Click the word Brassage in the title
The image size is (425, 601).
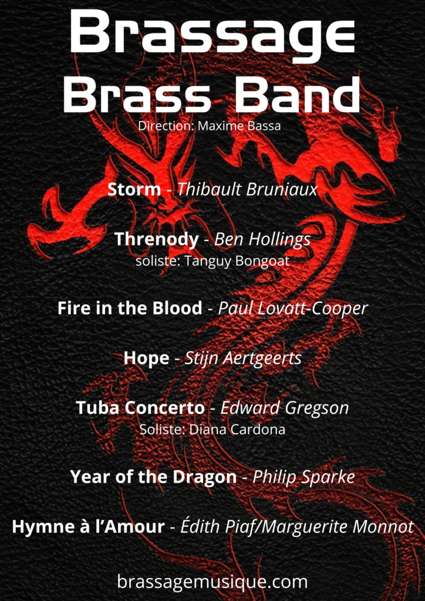[x=212, y=33]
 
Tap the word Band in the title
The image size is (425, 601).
[x=297, y=94]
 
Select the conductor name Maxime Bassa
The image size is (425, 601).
[x=239, y=126]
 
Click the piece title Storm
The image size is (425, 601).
[x=134, y=190]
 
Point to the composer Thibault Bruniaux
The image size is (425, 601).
[x=248, y=190]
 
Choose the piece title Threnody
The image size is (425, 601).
[x=157, y=240]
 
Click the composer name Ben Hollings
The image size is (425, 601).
[x=262, y=240]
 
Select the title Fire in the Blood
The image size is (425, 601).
[x=130, y=308]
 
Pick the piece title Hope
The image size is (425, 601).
[x=146, y=359]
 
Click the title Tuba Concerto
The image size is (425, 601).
[x=140, y=408]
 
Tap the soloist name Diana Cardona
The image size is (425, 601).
[x=238, y=429]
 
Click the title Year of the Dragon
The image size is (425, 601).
[x=153, y=477]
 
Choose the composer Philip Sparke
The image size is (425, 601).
[x=304, y=477]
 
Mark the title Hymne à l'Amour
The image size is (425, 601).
[x=88, y=526]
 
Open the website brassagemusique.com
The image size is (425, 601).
[x=212, y=582]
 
